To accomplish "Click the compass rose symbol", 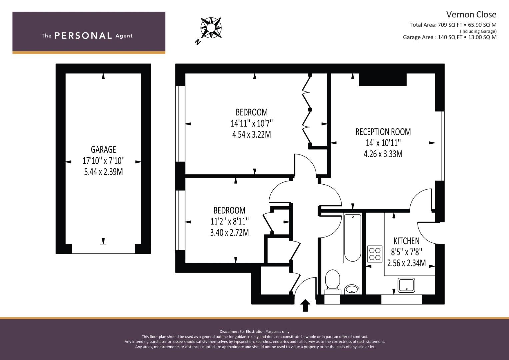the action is point(211,28).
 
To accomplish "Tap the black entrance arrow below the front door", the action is point(305,305).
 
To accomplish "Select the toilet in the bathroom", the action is point(333,282).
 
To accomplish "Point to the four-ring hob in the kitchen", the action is point(375,254).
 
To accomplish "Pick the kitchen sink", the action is point(406,285).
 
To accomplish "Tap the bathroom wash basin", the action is point(352,289).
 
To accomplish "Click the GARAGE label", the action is point(103,150).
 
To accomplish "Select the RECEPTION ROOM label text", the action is point(383,132).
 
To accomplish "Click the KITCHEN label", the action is point(407,241).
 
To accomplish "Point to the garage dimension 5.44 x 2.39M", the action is point(103,172).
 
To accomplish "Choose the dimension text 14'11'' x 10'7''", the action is point(252,123).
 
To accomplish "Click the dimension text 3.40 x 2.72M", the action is point(230,233).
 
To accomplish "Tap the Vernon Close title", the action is point(471,15).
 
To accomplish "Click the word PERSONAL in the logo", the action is point(83,36).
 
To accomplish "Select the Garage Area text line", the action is point(450,37).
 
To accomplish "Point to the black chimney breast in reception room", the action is point(383,80).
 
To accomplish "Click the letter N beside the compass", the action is point(198,42).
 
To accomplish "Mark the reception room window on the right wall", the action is point(440,146).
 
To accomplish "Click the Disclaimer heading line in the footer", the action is point(255,332).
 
